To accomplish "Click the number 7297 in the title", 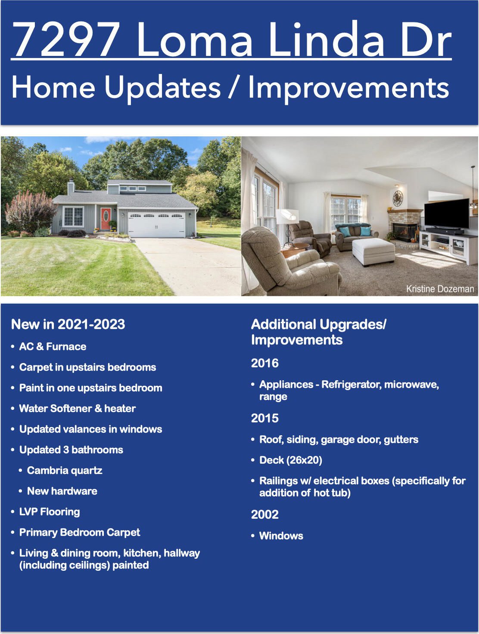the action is (66, 39).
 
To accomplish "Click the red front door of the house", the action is (106, 219).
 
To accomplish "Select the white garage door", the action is (156, 225).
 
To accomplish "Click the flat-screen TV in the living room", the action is (447, 214).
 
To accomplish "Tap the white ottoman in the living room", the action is (373, 251).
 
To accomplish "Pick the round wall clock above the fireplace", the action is (398, 198).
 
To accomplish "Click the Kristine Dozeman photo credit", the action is (440, 289).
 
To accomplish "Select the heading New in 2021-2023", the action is (68, 324).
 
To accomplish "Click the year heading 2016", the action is (264, 363).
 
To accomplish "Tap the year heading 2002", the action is (264, 514).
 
